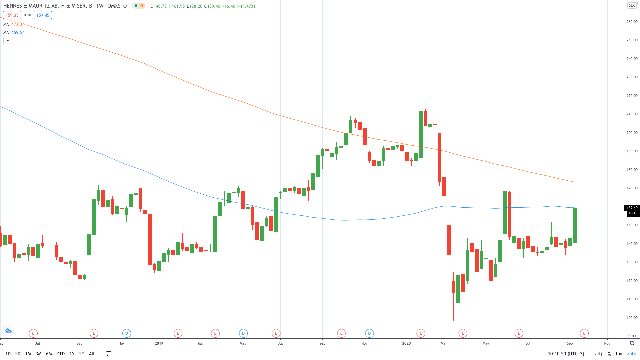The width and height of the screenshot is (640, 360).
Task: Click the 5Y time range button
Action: click(82, 354)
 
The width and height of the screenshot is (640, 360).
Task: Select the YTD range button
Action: click(60, 354)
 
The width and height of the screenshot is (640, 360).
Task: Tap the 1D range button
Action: click(8, 354)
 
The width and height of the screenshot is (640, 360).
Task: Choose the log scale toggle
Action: click(619, 354)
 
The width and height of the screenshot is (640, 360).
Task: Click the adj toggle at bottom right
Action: click(598, 354)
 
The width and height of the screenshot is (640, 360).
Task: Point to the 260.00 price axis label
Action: click(632, 22)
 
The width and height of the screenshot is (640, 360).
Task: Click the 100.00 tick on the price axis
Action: click(632, 318)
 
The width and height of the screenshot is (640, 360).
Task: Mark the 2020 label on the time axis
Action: click(406, 343)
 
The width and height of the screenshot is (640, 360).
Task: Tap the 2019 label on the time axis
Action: click(159, 343)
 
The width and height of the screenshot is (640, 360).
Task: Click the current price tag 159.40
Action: click(632, 208)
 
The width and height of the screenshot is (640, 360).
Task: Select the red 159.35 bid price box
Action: click(12, 15)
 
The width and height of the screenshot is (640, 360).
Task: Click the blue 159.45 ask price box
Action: click(43, 15)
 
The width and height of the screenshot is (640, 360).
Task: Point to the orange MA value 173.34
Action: click(18, 25)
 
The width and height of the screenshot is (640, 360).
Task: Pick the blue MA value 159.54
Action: click(18, 33)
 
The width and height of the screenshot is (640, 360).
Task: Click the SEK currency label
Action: click(632, 5)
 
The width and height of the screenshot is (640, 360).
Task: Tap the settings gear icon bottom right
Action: click(632, 343)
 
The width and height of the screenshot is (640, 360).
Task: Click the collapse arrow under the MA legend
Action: click(8, 41)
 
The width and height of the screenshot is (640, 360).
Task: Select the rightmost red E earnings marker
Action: click(584, 333)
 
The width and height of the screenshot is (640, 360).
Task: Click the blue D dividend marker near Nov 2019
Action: click(369, 333)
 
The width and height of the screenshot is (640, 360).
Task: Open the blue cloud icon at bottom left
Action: click(8, 331)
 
